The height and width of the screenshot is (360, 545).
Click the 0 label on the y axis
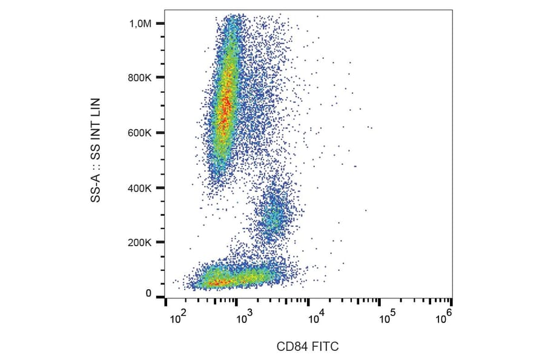pyautogui.click(x=148, y=294)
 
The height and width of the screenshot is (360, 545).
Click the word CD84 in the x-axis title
pyautogui.click(x=290, y=347)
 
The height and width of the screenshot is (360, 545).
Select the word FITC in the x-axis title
pyautogui.click(x=325, y=347)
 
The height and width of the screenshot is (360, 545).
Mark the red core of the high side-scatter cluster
pyautogui.click(x=225, y=100)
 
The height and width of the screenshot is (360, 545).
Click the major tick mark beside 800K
pyautogui.click(x=160, y=78)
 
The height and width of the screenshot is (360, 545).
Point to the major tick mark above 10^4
pyautogui.click(x=308, y=301)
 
